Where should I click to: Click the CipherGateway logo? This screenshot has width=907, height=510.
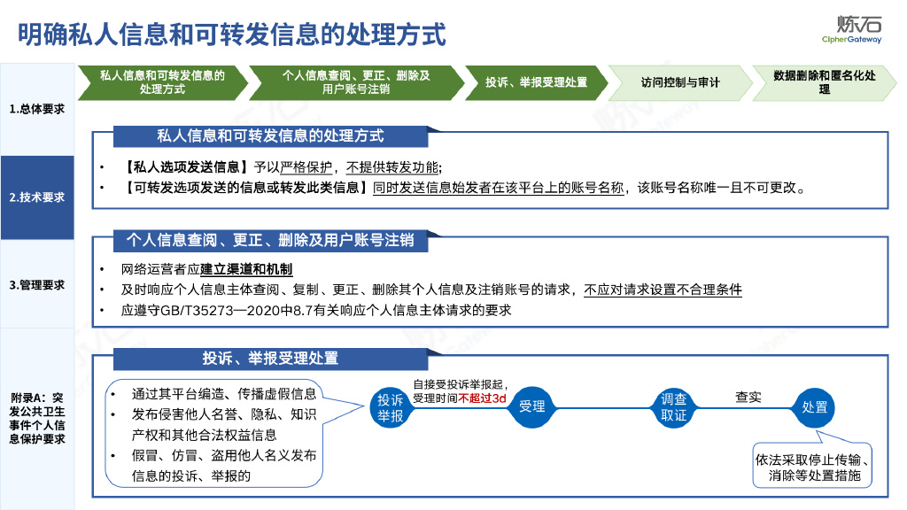(852, 29)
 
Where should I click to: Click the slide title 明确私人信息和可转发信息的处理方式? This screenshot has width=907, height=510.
(232, 35)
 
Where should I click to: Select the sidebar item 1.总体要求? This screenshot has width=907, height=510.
(37, 109)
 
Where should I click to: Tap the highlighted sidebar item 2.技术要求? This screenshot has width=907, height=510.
(37, 197)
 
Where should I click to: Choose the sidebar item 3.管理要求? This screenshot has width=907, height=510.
(37, 285)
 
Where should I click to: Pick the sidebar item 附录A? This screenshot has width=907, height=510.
(37, 418)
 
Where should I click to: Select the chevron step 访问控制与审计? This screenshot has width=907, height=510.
(680, 82)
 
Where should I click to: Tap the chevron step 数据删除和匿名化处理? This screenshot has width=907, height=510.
(824, 82)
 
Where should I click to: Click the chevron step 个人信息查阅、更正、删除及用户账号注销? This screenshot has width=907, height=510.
(356, 82)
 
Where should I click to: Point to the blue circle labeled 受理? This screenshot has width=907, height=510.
(531, 406)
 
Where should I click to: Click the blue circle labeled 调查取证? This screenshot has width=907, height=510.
(674, 406)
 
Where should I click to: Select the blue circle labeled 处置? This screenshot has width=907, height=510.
(814, 406)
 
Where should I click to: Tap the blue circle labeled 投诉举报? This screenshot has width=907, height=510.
(390, 406)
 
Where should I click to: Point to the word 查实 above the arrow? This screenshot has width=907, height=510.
(748, 397)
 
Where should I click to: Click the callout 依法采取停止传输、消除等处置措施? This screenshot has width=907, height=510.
(813, 467)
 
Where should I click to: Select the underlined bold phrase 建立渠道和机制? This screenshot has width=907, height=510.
(246, 269)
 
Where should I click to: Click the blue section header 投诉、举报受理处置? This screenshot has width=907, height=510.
(270, 358)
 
